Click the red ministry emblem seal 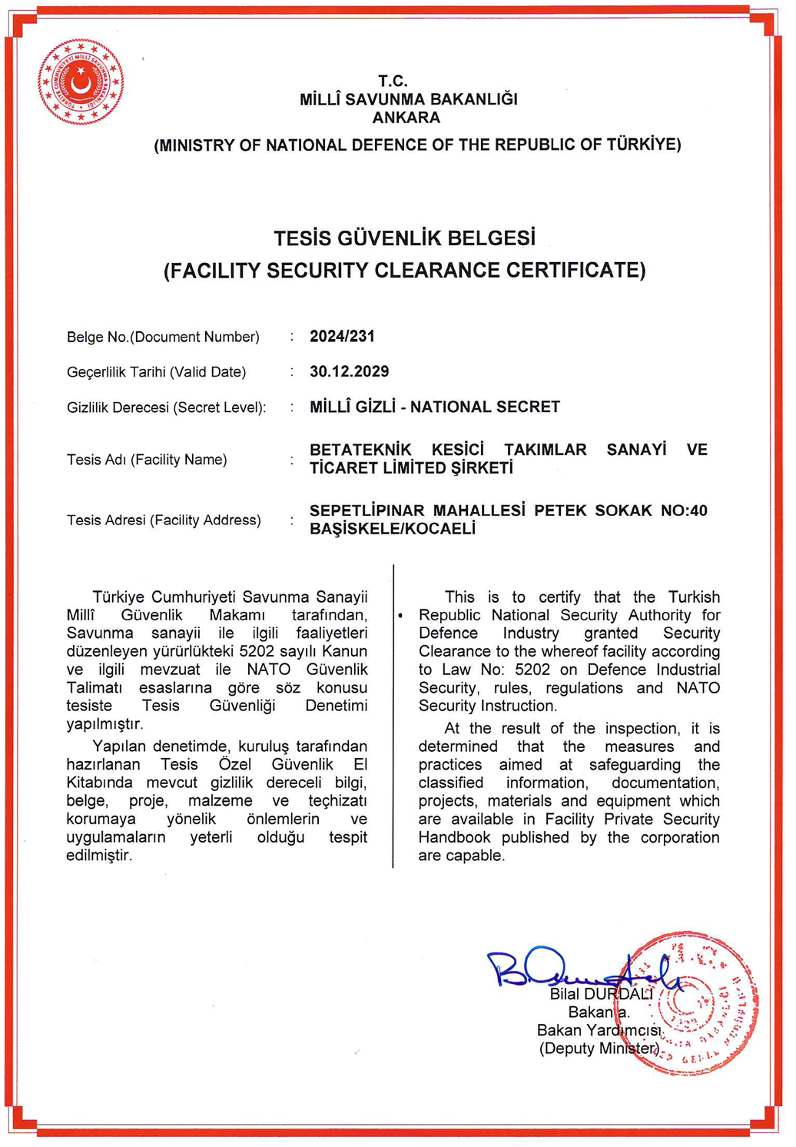coord(81,81)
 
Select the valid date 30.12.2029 coord(349,371)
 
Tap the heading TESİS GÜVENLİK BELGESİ coord(404,238)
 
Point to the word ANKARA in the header coord(406,118)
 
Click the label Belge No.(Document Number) coord(163,337)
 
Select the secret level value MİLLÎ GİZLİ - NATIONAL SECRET coord(434,407)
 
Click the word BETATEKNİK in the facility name coord(360,450)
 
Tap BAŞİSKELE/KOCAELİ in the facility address coord(392,529)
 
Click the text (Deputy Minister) coord(599,1049)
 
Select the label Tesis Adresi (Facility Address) coord(164,520)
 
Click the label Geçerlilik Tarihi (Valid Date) coord(156,372)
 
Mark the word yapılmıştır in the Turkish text coord(104,724)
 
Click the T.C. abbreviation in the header coord(393,81)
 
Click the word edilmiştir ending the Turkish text coord(99,856)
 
